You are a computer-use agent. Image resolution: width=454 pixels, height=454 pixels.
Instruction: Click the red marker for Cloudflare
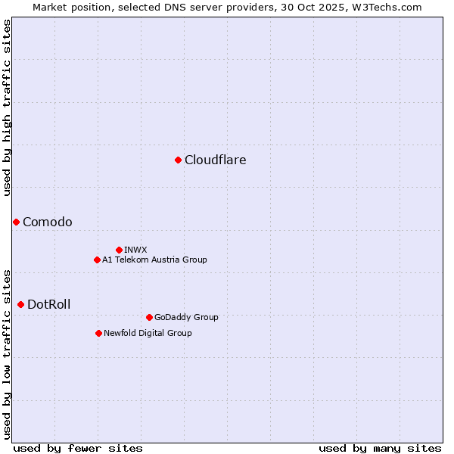(178, 160)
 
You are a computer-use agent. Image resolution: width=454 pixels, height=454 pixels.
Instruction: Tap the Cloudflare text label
(215, 160)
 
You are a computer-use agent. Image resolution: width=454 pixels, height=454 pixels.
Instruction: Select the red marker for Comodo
(16, 222)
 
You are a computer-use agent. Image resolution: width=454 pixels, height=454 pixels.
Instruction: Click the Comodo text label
(48, 222)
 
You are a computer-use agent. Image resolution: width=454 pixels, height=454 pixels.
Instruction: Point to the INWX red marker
(119, 250)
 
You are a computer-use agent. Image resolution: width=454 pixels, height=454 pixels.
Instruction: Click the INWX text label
(135, 250)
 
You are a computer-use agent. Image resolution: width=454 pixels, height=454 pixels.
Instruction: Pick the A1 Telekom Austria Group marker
(97, 260)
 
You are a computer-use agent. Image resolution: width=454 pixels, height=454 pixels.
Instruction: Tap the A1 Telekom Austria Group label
(154, 260)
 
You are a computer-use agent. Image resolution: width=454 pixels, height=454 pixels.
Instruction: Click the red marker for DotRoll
(20, 304)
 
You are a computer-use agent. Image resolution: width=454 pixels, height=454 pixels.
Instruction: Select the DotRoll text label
(48, 304)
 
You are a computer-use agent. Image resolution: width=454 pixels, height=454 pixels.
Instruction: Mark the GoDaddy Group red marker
(149, 317)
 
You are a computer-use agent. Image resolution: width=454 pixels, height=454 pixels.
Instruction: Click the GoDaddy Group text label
(185, 317)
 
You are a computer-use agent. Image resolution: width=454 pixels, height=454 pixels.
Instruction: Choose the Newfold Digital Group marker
(98, 333)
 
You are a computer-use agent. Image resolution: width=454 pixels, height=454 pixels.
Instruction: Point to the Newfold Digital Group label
(148, 333)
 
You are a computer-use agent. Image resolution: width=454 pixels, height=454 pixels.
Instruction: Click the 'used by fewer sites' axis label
(78, 448)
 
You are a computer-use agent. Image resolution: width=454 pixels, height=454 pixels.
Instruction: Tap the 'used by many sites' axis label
(380, 448)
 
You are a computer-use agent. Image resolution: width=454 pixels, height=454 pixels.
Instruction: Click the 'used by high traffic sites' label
(7, 107)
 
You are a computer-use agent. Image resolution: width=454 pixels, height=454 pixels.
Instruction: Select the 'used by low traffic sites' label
(7, 353)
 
